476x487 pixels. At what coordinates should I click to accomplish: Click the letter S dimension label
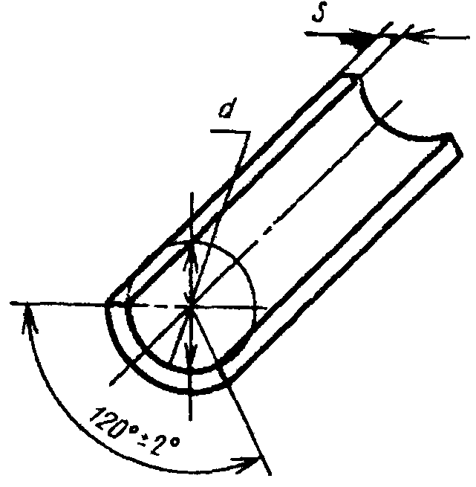pos(319,12)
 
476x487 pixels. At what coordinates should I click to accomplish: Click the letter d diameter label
pos(228,108)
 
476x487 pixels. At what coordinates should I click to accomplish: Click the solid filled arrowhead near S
pos(360,39)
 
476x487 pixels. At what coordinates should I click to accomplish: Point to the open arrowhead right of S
pos(417,36)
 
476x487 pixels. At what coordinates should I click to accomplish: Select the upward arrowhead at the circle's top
pos(192,255)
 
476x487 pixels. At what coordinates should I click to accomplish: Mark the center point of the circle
pos(192,307)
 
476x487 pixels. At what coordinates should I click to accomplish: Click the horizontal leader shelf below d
pos(230,132)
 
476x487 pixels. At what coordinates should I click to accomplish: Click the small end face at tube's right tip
pos(454,145)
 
